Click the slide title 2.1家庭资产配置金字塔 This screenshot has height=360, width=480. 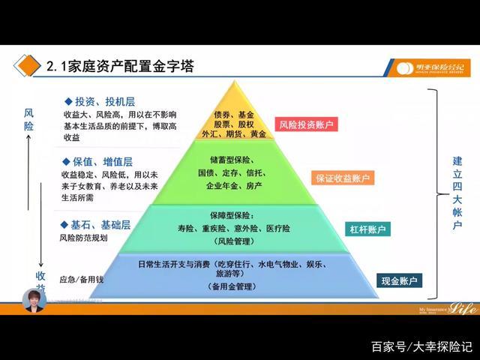click(119, 67)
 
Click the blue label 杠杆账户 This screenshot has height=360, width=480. click(367, 229)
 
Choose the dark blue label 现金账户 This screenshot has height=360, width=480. click(399, 280)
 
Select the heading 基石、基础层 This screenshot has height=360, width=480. click(95, 224)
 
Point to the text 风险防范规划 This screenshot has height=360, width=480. click(83, 238)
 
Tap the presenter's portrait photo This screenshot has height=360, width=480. click(34, 300)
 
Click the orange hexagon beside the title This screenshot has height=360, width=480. click(28, 67)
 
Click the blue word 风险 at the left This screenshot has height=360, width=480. click(29, 118)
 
